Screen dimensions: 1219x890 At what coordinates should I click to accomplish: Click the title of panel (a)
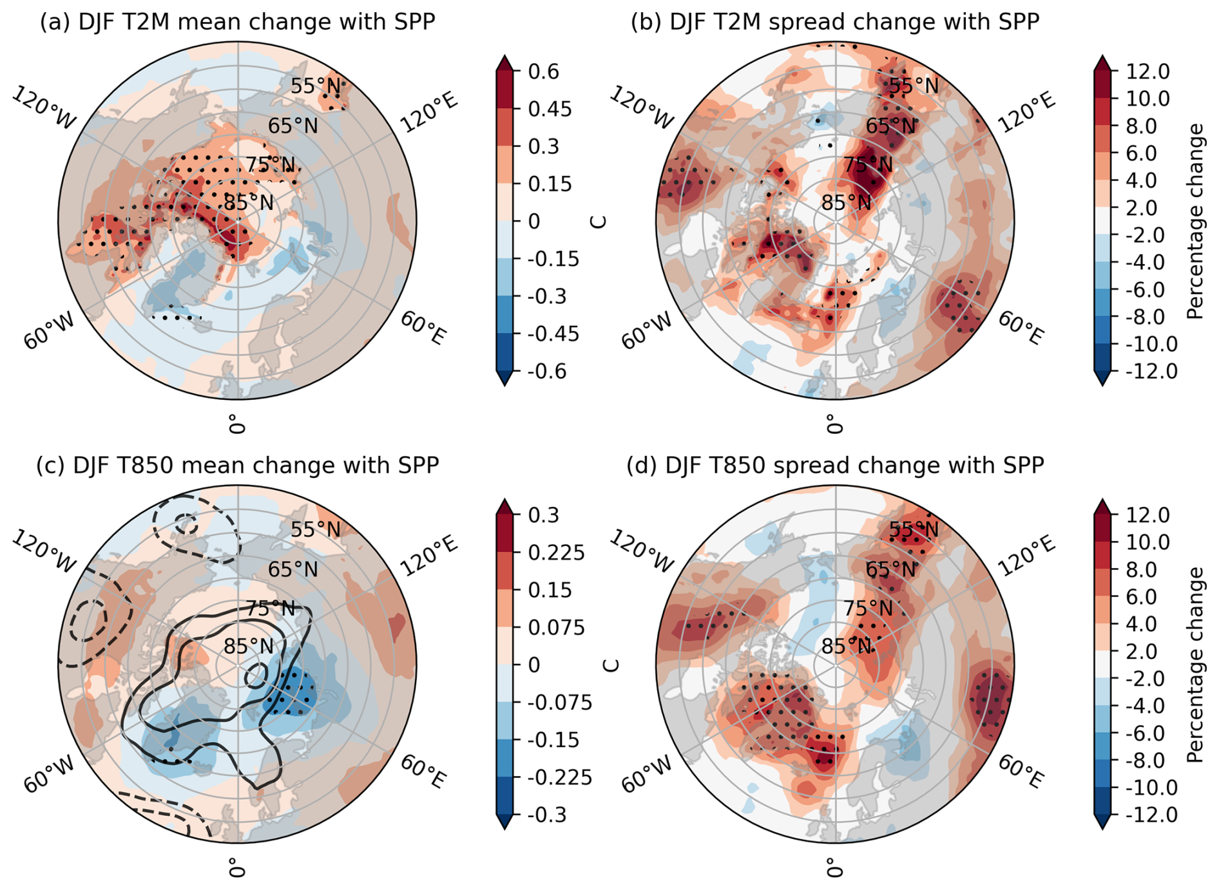tap(237, 22)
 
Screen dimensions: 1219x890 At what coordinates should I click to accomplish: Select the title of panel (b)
tap(834, 22)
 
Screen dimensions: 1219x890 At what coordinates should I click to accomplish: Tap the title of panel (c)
tap(237, 466)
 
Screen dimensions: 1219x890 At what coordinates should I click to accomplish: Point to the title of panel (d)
tap(835, 466)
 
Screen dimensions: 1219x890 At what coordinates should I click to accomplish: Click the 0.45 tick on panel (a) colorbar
tap(550, 109)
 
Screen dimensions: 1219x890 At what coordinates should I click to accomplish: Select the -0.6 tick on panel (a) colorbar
tap(546, 372)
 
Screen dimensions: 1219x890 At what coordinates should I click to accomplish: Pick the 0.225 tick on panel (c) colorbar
tap(557, 553)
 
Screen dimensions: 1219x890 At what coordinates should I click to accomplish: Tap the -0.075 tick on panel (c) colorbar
tap(559, 703)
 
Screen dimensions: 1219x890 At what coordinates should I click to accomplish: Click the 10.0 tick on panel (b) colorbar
tap(1147, 99)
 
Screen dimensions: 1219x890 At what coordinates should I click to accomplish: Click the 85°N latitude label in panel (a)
tap(249, 203)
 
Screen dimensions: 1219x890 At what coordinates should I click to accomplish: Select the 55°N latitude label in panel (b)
tap(914, 86)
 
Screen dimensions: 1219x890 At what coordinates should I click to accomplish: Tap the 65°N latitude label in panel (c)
tap(293, 569)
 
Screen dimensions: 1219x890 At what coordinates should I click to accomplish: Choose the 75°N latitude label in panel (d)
tap(869, 608)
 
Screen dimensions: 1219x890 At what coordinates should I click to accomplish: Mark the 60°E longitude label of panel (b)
tap(1021, 328)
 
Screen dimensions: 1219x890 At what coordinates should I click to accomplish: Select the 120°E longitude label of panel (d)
tap(1027, 554)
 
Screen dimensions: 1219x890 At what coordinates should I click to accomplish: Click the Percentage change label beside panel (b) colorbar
tap(1196, 221)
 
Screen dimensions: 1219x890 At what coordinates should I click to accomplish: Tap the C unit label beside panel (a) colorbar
tap(599, 222)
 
